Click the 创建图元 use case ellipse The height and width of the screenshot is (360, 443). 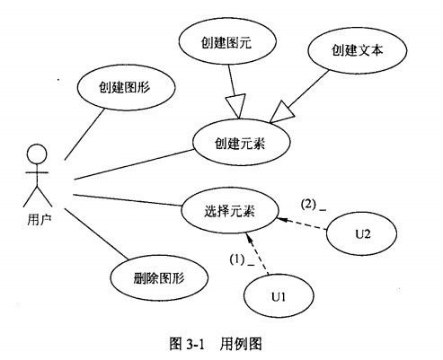pyautogui.click(x=227, y=41)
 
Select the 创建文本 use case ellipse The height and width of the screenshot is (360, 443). pyautogui.click(x=357, y=50)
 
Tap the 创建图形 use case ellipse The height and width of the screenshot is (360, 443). pyautogui.click(x=126, y=87)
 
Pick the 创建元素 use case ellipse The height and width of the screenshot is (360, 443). pyautogui.click(x=241, y=143)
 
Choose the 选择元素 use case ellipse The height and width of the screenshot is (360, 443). pyautogui.click(x=230, y=211)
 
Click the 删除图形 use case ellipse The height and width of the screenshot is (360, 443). pyautogui.click(x=159, y=278)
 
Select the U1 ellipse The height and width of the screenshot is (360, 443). pyautogui.click(x=279, y=296)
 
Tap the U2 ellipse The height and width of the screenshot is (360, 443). pyautogui.click(x=361, y=233)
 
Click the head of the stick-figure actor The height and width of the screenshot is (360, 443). pyautogui.click(x=37, y=154)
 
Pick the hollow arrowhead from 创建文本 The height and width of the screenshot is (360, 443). pyautogui.click(x=281, y=112)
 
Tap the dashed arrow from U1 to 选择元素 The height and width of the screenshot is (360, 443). pyautogui.click(x=257, y=254)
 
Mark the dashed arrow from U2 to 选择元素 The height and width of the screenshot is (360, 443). pyautogui.click(x=302, y=224)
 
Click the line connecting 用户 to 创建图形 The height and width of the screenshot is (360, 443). pyautogui.click(x=84, y=134)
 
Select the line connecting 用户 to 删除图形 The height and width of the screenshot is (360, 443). pyautogui.click(x=95, y=233)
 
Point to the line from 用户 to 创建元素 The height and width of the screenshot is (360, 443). pyautogui.click(x=134, y=164)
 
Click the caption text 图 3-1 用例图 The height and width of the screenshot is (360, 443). pyautogui.click(x=216, y=344)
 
